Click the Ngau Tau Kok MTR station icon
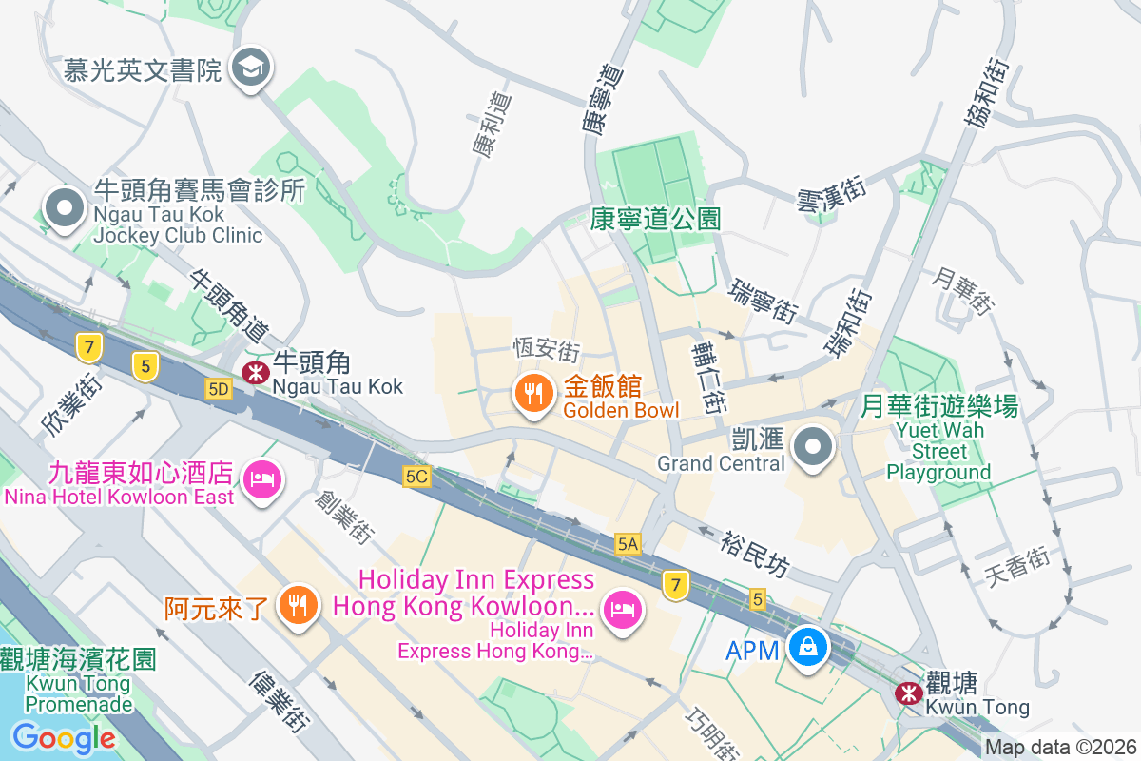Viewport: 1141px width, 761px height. coord(254,373)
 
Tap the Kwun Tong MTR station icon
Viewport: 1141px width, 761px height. coord(907,693)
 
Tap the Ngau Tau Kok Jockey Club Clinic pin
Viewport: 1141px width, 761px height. coord(64,208)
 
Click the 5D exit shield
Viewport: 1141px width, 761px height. coord(219,388)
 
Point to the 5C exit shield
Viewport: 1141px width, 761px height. coord(416,477)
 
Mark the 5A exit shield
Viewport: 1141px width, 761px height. coord(628,544)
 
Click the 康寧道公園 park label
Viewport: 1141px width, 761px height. coord(654,219)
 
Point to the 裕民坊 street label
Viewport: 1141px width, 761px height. coord(754,554)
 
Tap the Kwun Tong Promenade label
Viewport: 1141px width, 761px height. coord(78,681)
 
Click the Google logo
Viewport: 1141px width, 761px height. coord(64,737)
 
